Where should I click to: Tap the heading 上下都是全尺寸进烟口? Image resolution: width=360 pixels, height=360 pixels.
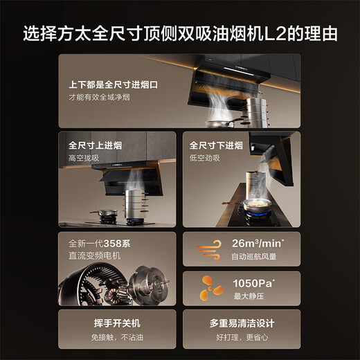point(112,84)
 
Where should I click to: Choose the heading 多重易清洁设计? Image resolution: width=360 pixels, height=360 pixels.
point(242,323)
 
